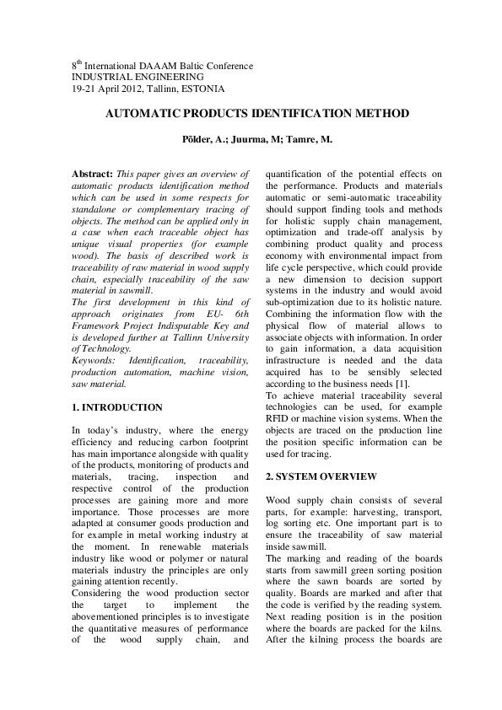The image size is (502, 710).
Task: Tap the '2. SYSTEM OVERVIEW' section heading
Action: (x=321, y=476)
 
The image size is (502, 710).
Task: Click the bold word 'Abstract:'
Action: (x=94, y=172)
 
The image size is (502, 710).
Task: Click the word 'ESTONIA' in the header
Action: (x=205, y=89)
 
